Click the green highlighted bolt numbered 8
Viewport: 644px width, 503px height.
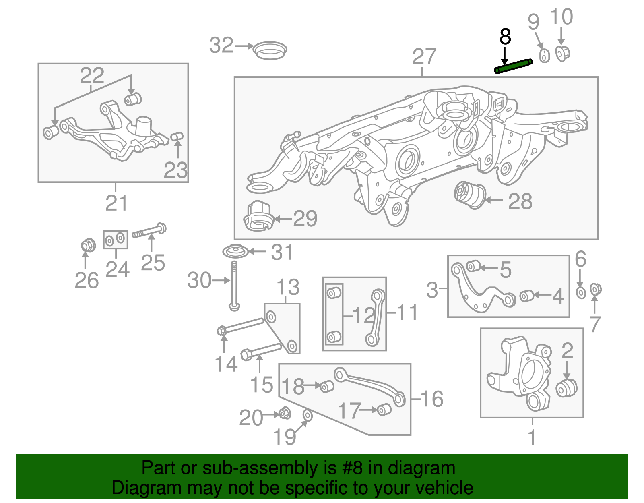click(x=513, y=66)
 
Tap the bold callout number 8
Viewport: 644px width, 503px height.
click(x=505, y=37)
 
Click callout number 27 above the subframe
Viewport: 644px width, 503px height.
click(x=424, y=57)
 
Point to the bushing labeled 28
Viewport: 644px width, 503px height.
click(x=470, y=195)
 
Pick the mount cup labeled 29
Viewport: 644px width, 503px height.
click(x=258, y=217)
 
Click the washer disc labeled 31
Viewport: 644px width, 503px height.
click(x=235, y=252)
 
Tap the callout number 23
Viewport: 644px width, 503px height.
click(x=176, y=170)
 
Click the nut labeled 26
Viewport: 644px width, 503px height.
click(x=87, y=245)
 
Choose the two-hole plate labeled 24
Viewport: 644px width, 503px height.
click(x=116, y=240)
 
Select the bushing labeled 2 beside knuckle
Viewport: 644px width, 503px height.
click(x=566, y=387)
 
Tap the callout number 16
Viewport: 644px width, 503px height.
click(x=432, y=399)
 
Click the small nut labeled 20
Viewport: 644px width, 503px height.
click(x=285, y=413)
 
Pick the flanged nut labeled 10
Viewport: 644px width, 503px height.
click(x=562, y=53)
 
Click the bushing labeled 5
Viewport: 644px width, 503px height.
click(x=473, y=266)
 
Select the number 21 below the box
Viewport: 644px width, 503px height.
click(x=116, y=203)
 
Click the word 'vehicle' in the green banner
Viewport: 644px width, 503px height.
click(x=444, y=488)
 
